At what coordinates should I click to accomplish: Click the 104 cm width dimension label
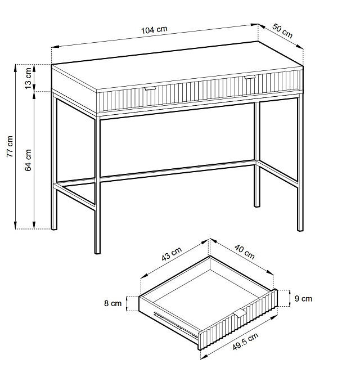(154, 30)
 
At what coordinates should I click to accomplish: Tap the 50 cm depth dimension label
(282, 31)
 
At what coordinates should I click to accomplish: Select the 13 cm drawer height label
(28, 78)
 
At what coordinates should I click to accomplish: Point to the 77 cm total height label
(10, 146)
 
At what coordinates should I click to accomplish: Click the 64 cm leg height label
(28, 160)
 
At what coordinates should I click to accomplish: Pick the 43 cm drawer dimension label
(172, 254)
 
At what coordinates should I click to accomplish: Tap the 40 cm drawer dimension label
(245, 252)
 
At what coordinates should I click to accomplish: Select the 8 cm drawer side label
(112, 303)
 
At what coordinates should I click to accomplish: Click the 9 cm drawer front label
(303, 298)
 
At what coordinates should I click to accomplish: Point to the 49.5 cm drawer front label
(245, 342)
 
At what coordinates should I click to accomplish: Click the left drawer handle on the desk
(150, 88)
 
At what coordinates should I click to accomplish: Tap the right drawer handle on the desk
(249, 77)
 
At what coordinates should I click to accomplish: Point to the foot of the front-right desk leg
(300, 229)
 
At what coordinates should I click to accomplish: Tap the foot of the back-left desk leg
(54, 228)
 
